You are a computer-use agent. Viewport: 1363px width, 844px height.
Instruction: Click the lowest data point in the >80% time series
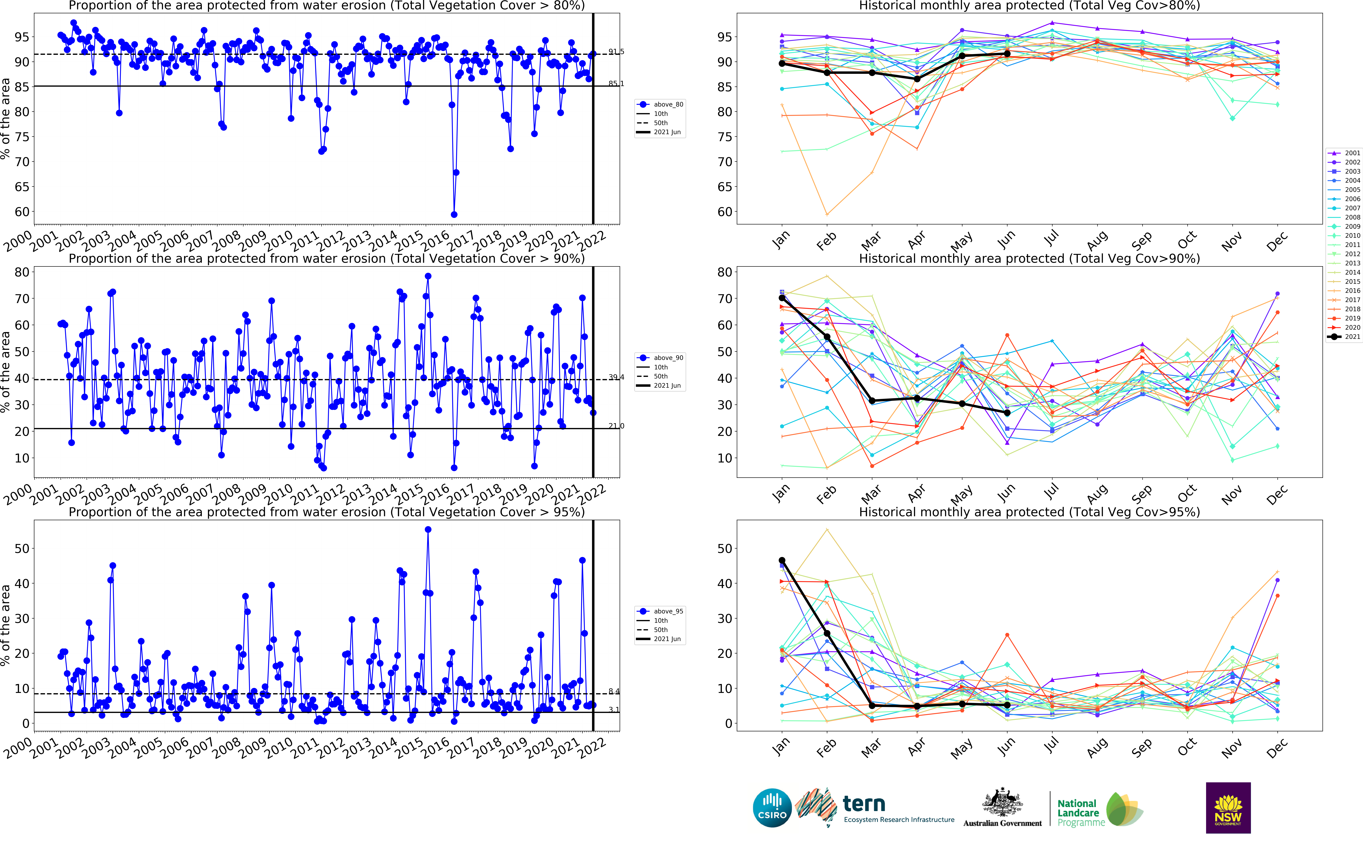454,214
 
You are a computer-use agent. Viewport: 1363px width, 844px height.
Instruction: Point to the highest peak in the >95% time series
428,529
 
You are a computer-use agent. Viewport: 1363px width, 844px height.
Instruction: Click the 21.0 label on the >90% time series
616,426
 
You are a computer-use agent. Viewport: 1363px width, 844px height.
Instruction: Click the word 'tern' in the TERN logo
864,804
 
